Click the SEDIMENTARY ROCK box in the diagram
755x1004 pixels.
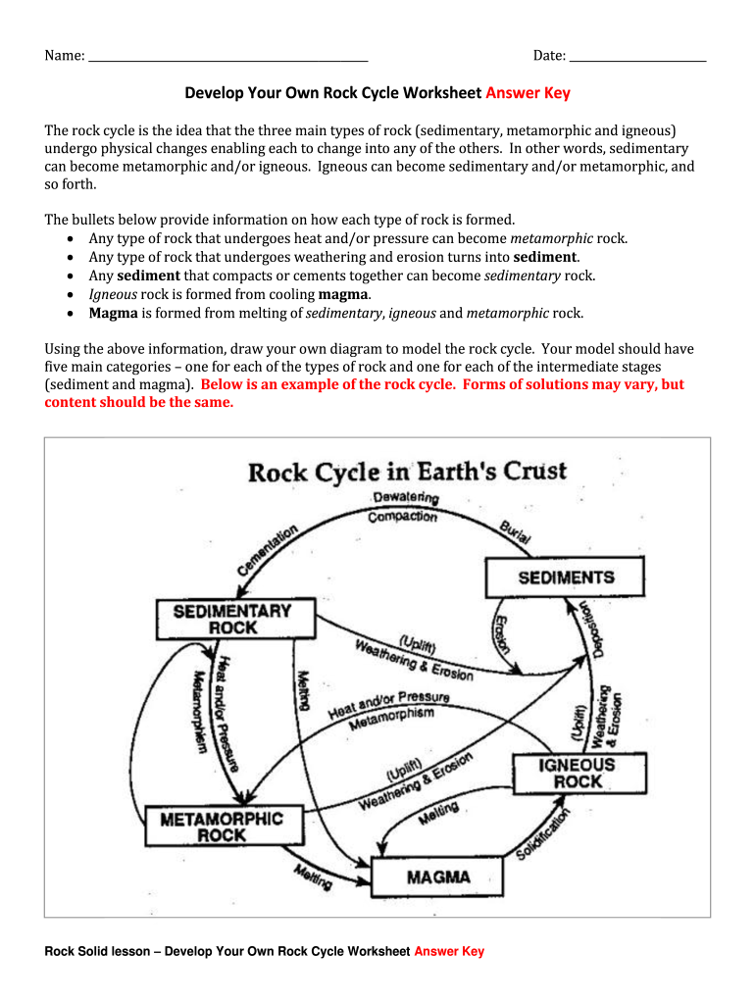[232, 619]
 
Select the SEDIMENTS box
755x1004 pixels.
[566, 577]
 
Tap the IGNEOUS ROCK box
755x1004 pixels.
[578, 773]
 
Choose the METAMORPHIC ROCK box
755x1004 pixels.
[222, 826]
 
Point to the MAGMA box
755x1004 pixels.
[437, 877]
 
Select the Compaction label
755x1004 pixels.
[402, 516]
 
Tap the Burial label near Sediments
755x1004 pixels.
[515, 532]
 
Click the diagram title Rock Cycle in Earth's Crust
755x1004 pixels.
[407, 472]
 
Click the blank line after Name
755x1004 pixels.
[227, 57]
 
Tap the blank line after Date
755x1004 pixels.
[637, 57]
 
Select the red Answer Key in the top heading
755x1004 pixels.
[528, 93]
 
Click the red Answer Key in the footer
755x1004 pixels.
[449, 951]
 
